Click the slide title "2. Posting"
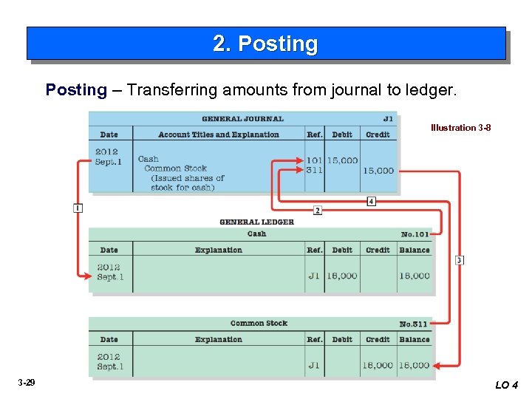point(265,44)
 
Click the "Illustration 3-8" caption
point(460,128)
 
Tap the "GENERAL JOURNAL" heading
point(242,119)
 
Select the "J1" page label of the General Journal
point(388,119)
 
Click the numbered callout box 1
point(78,208)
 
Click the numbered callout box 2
point(318,211)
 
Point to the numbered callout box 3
point(460,260)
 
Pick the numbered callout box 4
point(371,201)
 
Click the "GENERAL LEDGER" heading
point(256,222)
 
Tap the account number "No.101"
point(415,235)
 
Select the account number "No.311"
point(414,324)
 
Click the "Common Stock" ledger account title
point(259,324)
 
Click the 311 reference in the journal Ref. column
point(314,170)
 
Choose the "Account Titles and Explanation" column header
point(219,135)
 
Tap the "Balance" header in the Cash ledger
point(415,250)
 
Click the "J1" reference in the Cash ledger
point(314,276)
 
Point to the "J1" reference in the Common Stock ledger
point(314,365)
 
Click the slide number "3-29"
point(27,383)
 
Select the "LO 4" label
point(507,385)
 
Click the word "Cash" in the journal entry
point(149,159)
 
